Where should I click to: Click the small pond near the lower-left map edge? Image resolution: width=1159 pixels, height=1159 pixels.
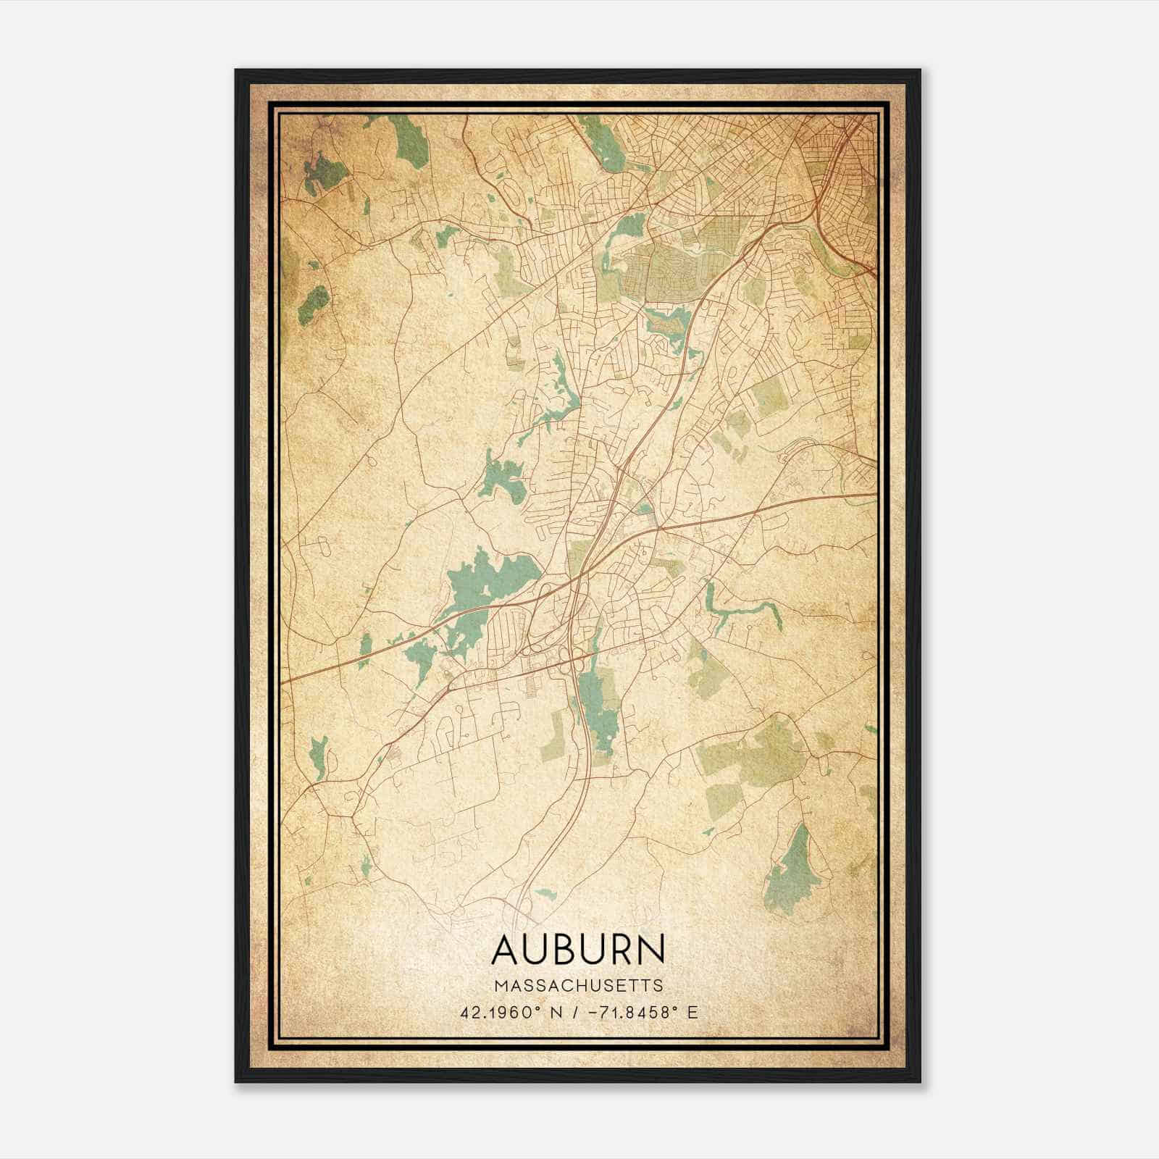pyautogui.click(x=317, y=757)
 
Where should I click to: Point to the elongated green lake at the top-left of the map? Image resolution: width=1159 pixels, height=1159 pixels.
pyautogui.click(x=410, y=141)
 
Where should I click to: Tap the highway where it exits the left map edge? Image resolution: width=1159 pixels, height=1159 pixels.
pyautogui.click(x=286, y=681)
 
